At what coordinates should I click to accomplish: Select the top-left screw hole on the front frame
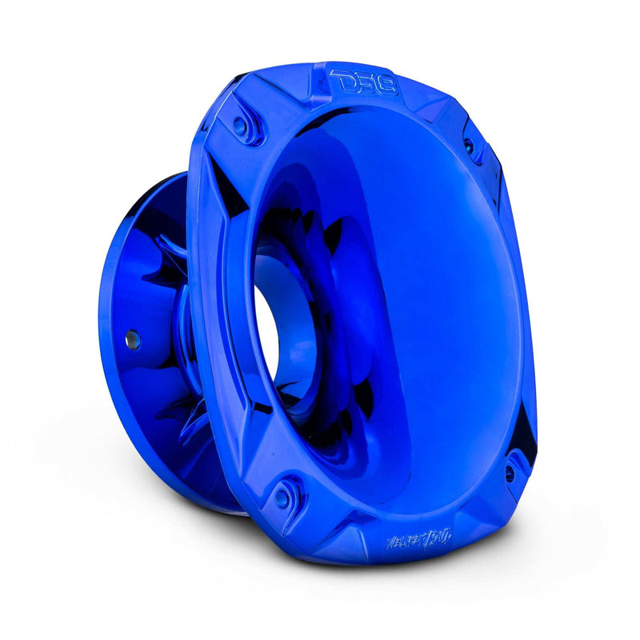239,125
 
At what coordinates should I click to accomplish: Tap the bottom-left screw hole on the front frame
282,498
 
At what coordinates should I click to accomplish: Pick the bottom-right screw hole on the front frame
509,474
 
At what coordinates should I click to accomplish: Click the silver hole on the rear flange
130,339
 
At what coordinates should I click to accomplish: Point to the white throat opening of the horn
268,336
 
